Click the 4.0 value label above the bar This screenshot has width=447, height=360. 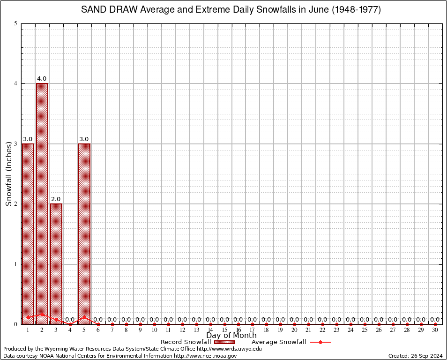pos(42,79)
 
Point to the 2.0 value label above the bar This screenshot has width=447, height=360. pos(56,199)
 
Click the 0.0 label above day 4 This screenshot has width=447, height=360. pos(70,320)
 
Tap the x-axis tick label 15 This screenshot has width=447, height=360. pos(224,330)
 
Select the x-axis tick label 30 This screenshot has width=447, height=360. pos(435,330)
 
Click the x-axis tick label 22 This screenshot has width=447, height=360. pos(322,330)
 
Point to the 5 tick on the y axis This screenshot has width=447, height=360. pos(16,23)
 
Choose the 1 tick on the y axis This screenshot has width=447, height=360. pos(16,264)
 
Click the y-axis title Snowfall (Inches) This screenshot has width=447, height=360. pos(8,174)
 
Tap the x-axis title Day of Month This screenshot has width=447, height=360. pos(231,336)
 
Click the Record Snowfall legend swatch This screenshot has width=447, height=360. pos(224,342)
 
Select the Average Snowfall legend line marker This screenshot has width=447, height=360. pos(320,342)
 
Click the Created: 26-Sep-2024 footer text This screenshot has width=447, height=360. pos(416,356)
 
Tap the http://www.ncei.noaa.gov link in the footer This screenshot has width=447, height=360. pos(205,356)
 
